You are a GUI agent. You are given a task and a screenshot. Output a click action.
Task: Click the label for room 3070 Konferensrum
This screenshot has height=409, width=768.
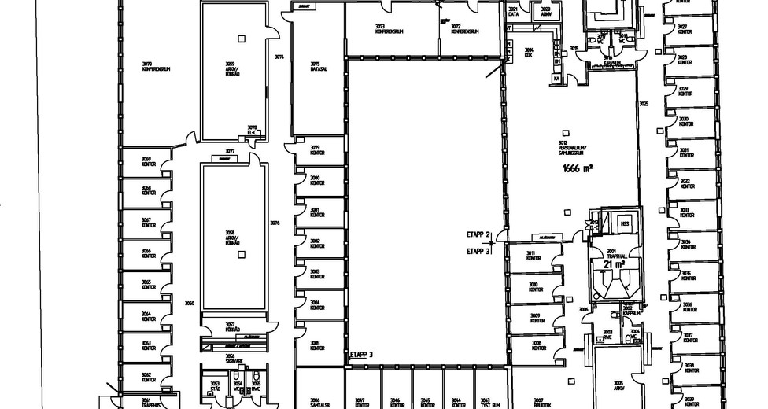157,67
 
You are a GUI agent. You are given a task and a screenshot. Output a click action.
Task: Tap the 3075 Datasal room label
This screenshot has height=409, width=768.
315,67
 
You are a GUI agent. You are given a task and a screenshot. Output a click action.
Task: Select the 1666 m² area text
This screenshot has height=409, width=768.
578,168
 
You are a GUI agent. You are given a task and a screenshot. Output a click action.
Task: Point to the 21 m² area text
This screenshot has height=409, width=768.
614,265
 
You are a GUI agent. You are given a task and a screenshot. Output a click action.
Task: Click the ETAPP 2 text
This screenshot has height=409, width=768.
478,235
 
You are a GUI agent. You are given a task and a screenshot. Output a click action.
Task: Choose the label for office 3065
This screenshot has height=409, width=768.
146,285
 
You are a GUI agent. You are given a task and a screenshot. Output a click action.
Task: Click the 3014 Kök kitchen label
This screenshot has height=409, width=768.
530,52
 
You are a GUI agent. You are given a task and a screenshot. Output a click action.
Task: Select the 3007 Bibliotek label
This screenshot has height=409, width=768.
539,402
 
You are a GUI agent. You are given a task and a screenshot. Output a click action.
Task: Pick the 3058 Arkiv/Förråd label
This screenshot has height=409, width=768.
231,237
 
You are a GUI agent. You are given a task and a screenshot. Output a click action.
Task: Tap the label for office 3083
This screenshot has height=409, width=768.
316,273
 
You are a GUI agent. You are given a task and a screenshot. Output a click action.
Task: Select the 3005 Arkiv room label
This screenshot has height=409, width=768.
618,386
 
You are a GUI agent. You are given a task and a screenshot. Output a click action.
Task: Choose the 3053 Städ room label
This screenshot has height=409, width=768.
216,386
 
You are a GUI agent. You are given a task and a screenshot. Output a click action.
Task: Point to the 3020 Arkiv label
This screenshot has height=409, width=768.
545,12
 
